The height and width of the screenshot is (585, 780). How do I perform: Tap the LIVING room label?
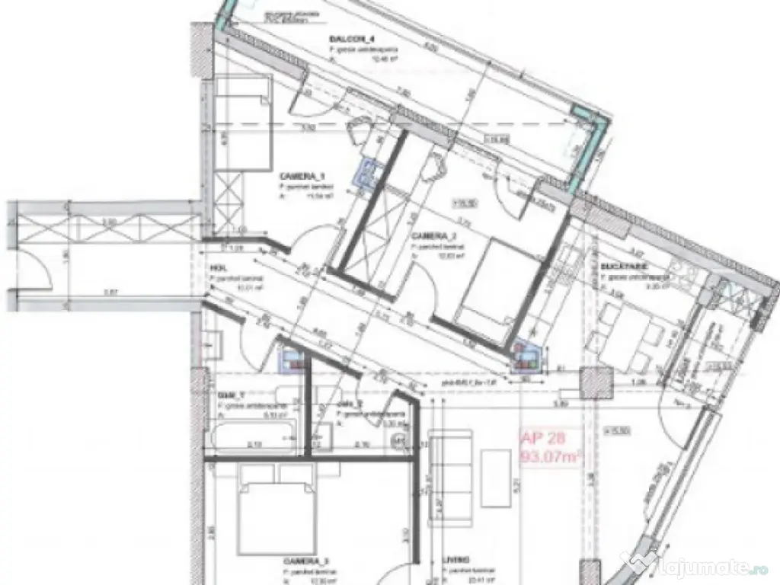pos(456,559)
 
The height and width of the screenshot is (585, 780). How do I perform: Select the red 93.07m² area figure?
pos(550,456)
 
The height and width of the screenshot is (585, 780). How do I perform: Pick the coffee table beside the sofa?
pos(497,478)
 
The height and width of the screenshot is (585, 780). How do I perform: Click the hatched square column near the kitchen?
pos(596,379)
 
